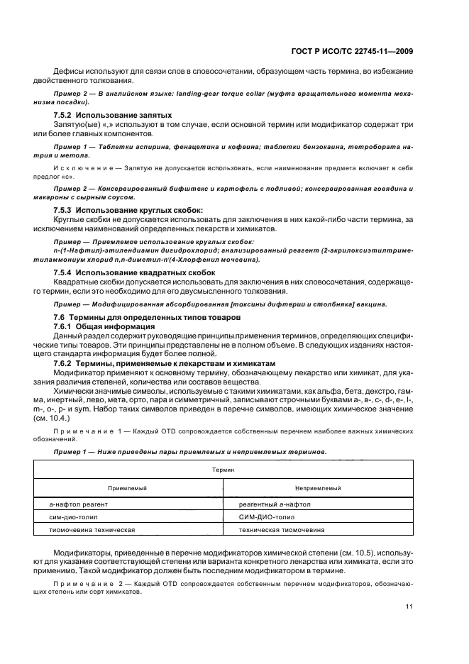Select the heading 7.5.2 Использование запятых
tap(113, 115)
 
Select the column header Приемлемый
tap(127, 488)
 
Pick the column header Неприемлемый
tap(318, 488)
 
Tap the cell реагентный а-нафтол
tap(275, 504)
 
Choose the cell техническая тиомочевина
tap(282, 530)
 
